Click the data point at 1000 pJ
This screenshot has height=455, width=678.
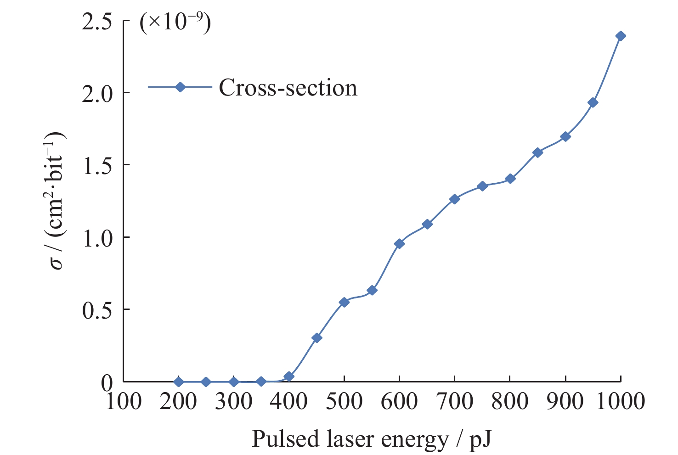coord(621,36)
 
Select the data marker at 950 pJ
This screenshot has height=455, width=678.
coord(593,102)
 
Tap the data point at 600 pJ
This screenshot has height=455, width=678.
coord(399,243)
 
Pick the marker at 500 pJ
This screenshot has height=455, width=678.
coord(344,302)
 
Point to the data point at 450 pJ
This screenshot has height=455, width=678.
coord(316,338)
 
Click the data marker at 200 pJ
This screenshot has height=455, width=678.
coord(179,382)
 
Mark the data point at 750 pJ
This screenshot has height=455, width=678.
coord(482,186)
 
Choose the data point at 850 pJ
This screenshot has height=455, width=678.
coord(537,152)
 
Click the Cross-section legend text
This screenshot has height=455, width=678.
coord(288,87)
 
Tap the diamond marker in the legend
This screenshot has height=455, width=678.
coord(180,87)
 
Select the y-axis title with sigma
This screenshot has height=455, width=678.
coord(58,201)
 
